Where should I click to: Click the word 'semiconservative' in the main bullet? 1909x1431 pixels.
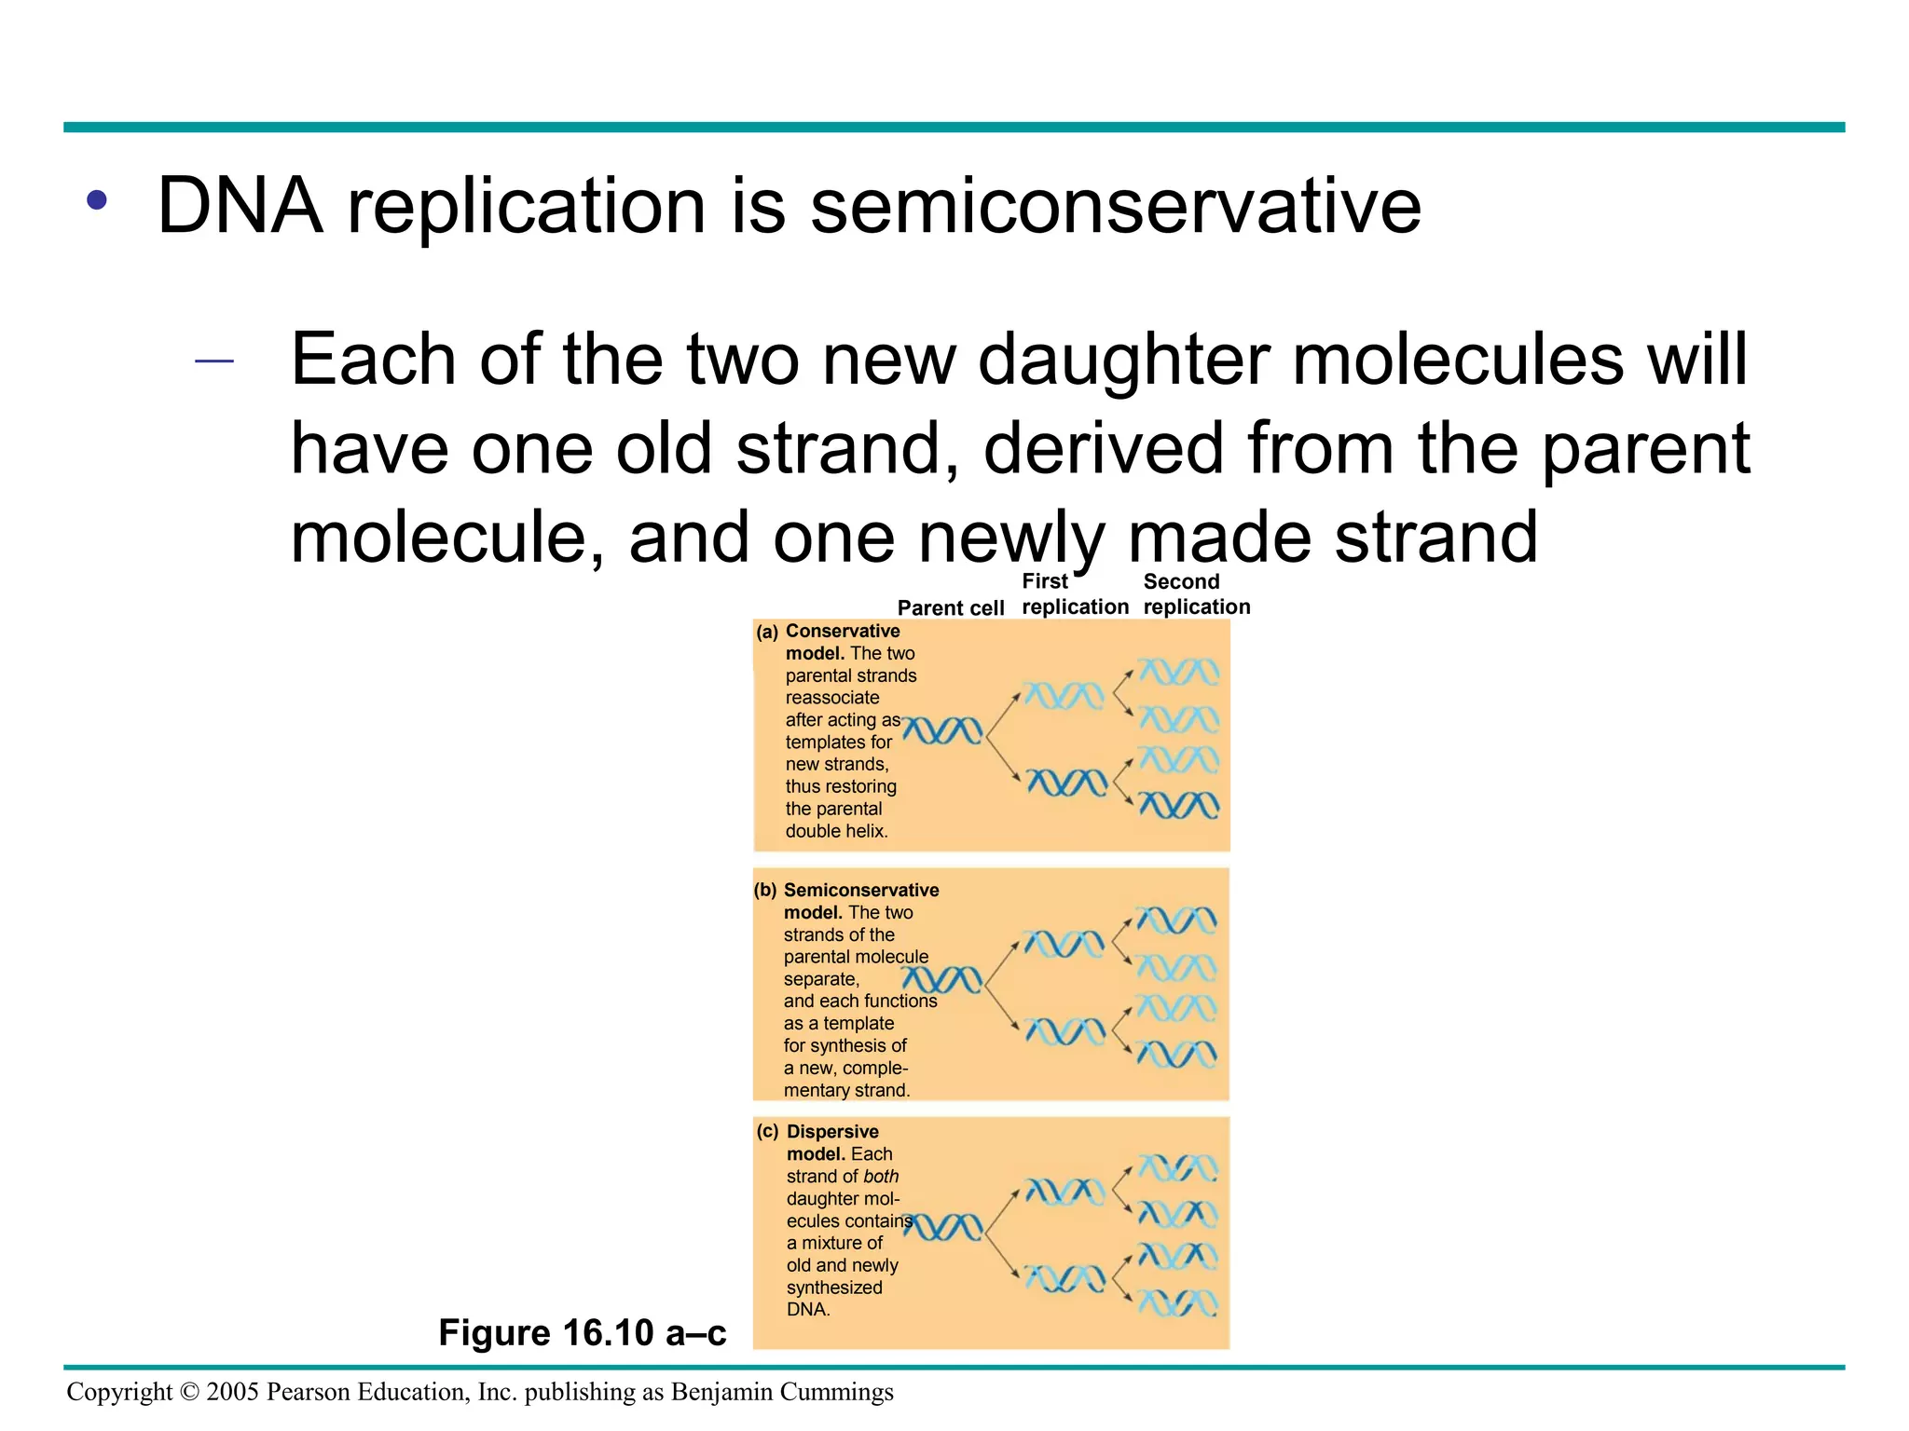(1115, 206)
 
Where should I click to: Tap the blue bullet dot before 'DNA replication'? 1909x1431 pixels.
(97, 199)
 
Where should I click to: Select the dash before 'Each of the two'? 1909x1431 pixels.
(213, 361)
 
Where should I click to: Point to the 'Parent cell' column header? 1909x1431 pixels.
(950, 608)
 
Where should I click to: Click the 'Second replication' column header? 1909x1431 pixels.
(1196, 594)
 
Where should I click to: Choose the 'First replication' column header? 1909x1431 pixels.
(1074, 594)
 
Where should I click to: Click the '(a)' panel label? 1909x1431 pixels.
(767, 633)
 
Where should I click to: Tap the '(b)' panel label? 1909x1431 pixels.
(765, 891)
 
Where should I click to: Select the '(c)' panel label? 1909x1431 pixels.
(768, 1132)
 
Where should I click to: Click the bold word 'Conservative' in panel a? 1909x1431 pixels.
(843, 632)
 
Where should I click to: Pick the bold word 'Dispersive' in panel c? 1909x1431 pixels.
(832, 1132)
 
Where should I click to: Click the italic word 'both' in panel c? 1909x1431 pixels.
(881, 1177)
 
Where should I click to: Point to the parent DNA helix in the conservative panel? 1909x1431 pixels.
(943, 731)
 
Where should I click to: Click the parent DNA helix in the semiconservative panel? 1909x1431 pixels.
(941, 980)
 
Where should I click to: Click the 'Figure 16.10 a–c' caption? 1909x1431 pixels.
(582, 1333)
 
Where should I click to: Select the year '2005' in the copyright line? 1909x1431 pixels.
(232, 1392)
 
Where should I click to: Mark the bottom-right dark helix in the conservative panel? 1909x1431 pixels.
(1178, 805)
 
